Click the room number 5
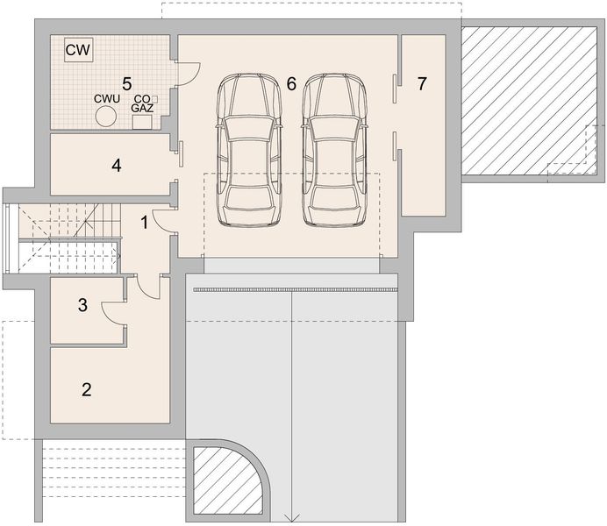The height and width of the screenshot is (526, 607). pyautogui.click(x=126, y=82)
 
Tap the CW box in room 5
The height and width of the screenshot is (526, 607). pyautogui.click(x=79, y=49)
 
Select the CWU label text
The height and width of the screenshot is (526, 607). pyautogui.click(x=107, y=98)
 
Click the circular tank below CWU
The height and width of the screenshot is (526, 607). pyautogui.click(x=105, y=116)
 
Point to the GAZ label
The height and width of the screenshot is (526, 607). pyautogui.click(x=142, y=109)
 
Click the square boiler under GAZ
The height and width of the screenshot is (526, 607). pyautogui.click(x=142, y=122)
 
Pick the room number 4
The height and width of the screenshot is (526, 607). pyautogui.click(x=116, y=166)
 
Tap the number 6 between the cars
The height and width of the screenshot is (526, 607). pyautogui.click(x=291, y=83)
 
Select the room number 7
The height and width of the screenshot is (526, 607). pyautogui.click(x=422, y=83)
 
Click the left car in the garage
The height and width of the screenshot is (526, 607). pyautogui.click(x=249, y=150)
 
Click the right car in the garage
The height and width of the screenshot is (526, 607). pyautogui.click(x=334, y=150)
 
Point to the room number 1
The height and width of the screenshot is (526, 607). pyautogui.click(x=145, y=223)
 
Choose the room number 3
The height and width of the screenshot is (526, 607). pyautogui.click(x=82, y=305)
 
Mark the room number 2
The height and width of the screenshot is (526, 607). pyautogui.click(x=86, y=389)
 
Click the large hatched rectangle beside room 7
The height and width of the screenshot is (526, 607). pyautogui.click(x=529, y=101)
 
